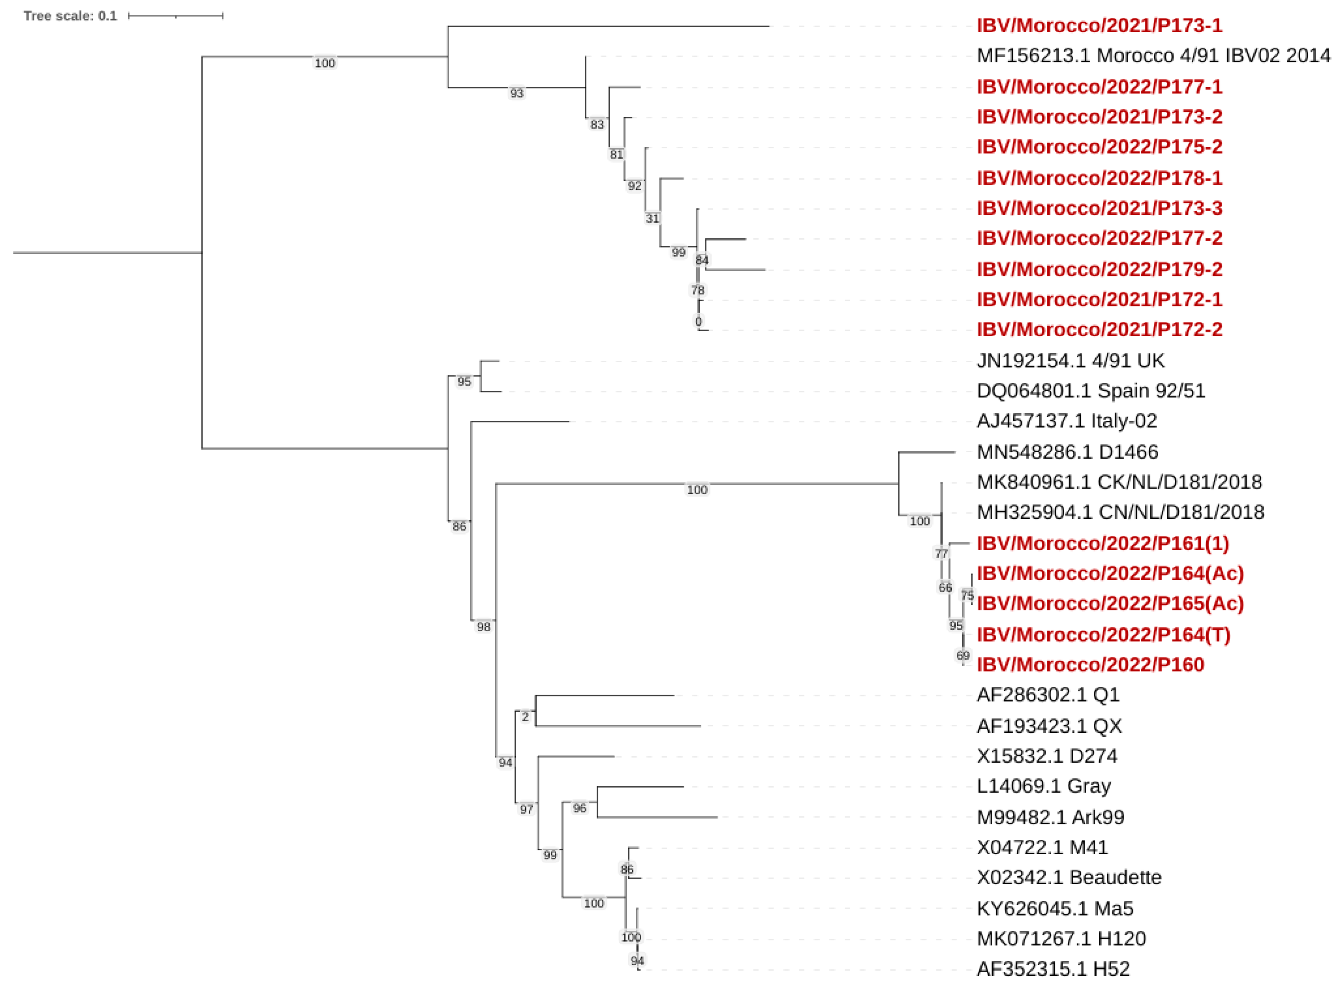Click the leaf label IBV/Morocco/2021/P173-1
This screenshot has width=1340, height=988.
[1099, 26]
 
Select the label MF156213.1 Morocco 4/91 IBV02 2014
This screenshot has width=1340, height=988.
[1153, 55]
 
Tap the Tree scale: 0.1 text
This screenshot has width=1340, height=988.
[70, 16]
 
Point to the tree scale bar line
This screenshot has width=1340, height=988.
[175, 16]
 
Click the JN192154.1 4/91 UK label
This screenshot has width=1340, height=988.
[1070, 361]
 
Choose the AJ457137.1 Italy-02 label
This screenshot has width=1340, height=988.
[1067, 421]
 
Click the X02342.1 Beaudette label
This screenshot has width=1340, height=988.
[1069, 877]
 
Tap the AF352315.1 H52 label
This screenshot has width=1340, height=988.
[1053, 968]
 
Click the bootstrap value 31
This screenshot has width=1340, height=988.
[652, 218]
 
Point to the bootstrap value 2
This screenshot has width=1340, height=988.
[525, 717]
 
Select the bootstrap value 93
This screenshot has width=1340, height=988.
[516, 93]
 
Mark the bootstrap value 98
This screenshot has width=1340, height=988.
[484, 627]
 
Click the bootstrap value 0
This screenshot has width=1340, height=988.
[698, 322]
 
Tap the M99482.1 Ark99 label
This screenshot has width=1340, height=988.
[1050, 817]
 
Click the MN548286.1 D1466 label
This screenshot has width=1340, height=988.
[1067, 452]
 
